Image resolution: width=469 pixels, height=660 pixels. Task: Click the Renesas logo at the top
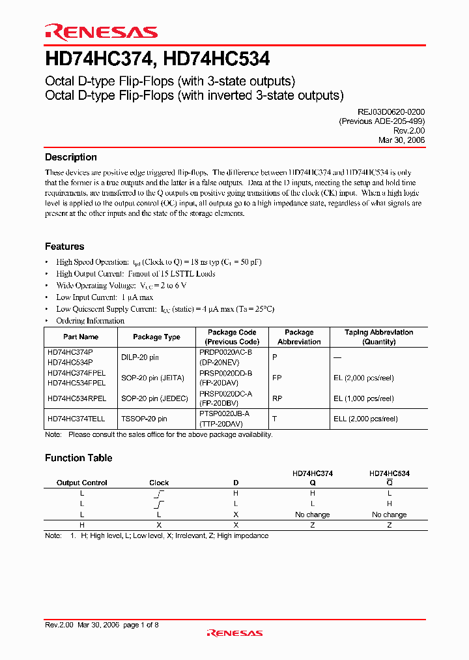click(101, 32)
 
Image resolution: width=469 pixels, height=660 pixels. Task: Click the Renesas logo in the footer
click(234, 632)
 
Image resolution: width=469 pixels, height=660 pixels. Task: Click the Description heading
click(71, 157)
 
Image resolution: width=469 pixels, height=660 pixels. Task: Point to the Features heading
click(64, 247)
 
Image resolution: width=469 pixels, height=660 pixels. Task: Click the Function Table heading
click(78, 458)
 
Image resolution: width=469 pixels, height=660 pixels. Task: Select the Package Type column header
click(156, 337)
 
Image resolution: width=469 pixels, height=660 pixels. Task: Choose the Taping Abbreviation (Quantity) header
click(378, 337)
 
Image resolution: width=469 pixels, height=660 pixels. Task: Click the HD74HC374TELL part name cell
click(75, 419)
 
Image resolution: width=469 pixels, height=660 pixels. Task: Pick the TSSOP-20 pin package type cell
click(144, 419)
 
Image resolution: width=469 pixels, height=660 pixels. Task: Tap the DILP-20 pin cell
click(140, 357)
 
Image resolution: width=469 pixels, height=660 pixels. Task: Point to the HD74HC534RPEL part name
click(75, 398)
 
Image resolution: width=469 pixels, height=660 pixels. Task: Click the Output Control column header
click(82, 483)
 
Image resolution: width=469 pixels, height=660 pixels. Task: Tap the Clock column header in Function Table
click(159, 483)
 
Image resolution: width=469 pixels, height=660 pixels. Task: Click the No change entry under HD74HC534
click(389, 515)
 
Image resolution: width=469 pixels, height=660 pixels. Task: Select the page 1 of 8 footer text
click(141, 625)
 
